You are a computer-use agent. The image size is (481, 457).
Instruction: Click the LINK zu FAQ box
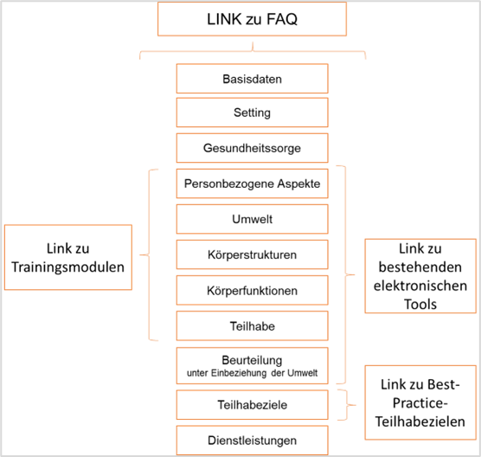click(x=252, y=19)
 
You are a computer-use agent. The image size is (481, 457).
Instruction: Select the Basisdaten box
click(x=252, y=79)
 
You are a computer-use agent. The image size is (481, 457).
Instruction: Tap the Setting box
click(x=252, y=113)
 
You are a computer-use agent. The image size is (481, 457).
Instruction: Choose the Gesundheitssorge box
click(x=252, y=148)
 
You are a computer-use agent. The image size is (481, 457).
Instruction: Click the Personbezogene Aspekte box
click(x=252, y=183)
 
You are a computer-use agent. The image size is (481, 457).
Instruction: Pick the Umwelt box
click(x=252, y=219)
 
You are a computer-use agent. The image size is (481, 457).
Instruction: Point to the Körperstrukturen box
click(x=252, y=254)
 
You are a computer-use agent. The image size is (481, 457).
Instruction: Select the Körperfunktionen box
click(x=252, y=290)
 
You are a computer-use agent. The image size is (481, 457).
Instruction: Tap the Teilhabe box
click(x=252, y=326)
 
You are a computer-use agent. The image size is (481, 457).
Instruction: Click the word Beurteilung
click(x=252, y=360)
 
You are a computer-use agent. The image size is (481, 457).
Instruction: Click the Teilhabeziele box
click(x=252, y=405)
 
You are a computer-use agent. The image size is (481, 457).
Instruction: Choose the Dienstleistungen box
click(x=252, y=441)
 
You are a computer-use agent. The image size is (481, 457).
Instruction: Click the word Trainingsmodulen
click(x=68, y=267)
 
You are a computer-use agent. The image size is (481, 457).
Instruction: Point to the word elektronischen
click(x=420, y=286)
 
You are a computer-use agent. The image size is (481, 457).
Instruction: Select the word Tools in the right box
click(x=420, y=305)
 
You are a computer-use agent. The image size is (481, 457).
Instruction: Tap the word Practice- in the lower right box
click(x=420, y=403)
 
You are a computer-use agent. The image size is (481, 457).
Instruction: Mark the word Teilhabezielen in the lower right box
click(x=420, y=422)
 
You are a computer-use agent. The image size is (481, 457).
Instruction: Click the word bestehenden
click(x=420, y=267)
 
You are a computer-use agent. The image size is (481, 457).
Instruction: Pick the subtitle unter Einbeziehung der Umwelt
click(x=252, y=373)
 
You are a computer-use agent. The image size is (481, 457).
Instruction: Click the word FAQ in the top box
click(x=282, y=19)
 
